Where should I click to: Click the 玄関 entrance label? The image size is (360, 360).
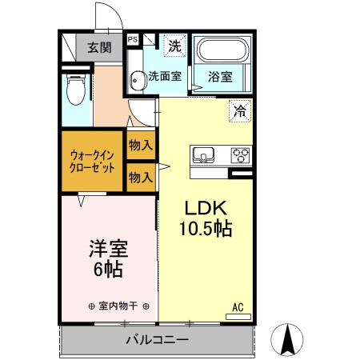click(100, 47)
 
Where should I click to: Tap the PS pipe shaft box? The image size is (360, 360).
click(132, 38)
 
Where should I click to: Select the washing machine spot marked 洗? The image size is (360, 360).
click(174, 46)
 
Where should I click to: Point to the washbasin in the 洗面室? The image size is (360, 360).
click(138, 78)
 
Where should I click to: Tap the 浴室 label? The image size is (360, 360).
click(220, 78)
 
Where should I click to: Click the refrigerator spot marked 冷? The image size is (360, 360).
click(239, 110)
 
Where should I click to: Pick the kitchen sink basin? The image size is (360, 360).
click(202, 154)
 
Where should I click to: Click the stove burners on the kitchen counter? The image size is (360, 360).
click(241, 154)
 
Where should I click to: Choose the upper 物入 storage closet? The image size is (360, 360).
click(142, 145)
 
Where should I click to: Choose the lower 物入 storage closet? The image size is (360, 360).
click(142, 177)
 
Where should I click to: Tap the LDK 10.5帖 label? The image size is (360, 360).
click(205, 218)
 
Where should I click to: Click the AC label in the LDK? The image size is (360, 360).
click(238, 306)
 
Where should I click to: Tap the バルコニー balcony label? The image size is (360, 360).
click(156, 340)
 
